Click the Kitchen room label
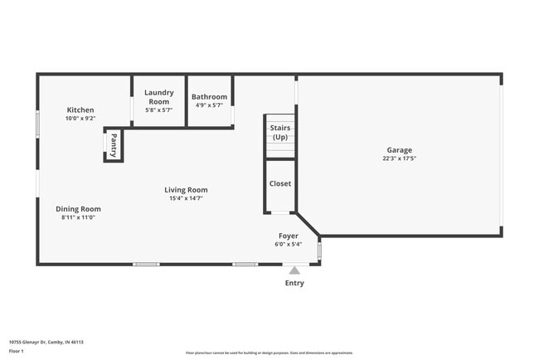pos(80,109)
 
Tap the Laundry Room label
pos(158,97)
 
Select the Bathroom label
pos(209,97)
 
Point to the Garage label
pos(399,150)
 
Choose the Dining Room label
pos(78,208)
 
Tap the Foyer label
pos(289,236)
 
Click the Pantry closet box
pos(114,146)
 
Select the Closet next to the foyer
pos(280,183)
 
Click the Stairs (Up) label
pos(280,132)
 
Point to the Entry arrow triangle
pos(294,270)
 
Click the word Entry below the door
pos(294,283)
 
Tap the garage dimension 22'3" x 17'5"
pos(399,158)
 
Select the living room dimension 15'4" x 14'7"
pos(186,198)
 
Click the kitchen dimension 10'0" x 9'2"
pos(80,119)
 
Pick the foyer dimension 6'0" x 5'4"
pos(289,244)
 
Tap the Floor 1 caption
pos(17,351)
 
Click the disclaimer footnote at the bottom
pos(269,353)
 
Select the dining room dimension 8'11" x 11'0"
pos(78,217)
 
